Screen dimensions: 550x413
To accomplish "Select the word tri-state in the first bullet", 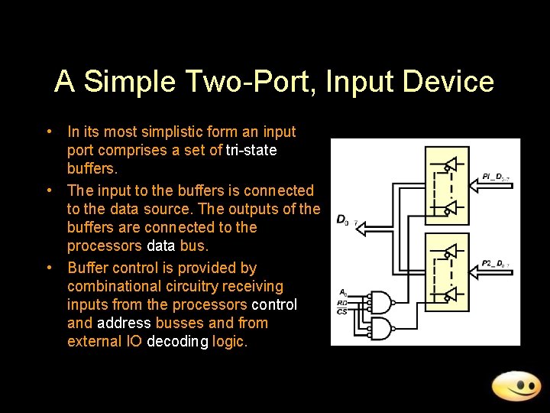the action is [x=251, y=151].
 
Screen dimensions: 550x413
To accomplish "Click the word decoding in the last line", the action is [x=178, y=342].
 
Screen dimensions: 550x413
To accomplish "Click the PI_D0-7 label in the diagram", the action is [x=497, y=177].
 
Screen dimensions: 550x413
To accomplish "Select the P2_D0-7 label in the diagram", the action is [x=496, y=264].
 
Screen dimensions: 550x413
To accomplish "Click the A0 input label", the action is [x=343, y=292].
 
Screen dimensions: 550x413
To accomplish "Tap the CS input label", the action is [x=343, y=311].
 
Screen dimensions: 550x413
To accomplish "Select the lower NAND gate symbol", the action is [x=380, y=329].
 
